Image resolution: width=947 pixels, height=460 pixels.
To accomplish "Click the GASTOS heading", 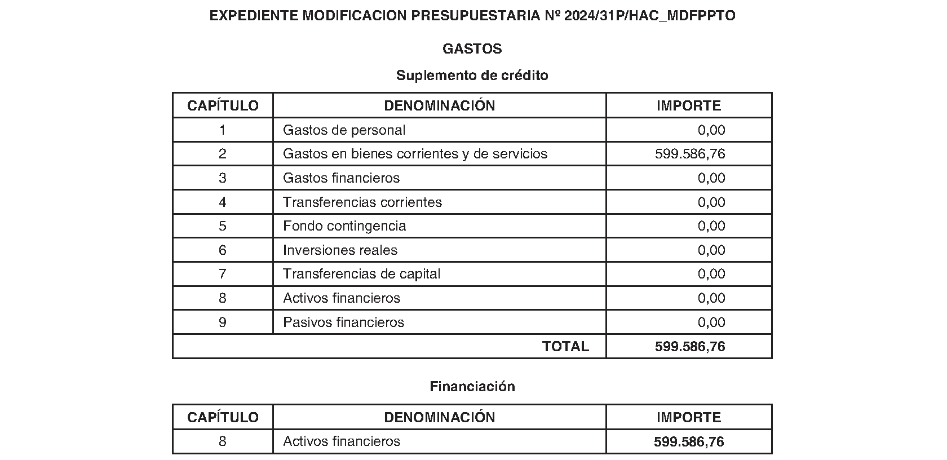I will [472, 49].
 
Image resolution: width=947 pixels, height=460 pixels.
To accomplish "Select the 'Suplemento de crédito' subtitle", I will [472, 76].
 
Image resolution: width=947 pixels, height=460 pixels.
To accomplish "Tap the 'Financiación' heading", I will [472, 387].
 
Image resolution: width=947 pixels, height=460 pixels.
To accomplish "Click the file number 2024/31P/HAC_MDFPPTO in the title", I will [649, 16].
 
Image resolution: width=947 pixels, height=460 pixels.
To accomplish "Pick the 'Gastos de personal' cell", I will [344, 130].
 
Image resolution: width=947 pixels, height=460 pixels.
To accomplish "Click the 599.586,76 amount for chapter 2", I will [689, 154].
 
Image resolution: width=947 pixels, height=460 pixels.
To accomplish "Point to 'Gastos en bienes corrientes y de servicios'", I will [415, 154].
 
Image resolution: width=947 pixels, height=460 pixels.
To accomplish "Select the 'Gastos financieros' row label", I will [341, 178].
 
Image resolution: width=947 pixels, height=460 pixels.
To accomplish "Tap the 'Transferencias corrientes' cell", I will [362, 202].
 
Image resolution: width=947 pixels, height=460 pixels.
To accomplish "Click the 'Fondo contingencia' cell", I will [344, 226].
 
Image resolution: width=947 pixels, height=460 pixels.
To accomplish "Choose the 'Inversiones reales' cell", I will [340, 250].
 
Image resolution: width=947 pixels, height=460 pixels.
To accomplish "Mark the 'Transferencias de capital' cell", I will [361, 274].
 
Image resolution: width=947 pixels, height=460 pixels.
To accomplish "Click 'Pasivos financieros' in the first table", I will [343, 322].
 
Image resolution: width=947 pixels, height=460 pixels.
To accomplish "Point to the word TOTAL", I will [565, 347].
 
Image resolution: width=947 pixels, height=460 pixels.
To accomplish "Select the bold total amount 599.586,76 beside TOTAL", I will [689, 347].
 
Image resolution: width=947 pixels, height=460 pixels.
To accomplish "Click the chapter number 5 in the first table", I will [223, 226].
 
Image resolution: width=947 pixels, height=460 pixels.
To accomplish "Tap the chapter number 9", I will [223, 322].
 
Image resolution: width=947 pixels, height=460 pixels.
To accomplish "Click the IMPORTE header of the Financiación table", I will [688, 417].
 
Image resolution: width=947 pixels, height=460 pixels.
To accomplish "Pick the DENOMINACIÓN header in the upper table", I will [439, 105].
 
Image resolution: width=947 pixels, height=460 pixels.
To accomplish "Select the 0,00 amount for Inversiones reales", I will [711, 250].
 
